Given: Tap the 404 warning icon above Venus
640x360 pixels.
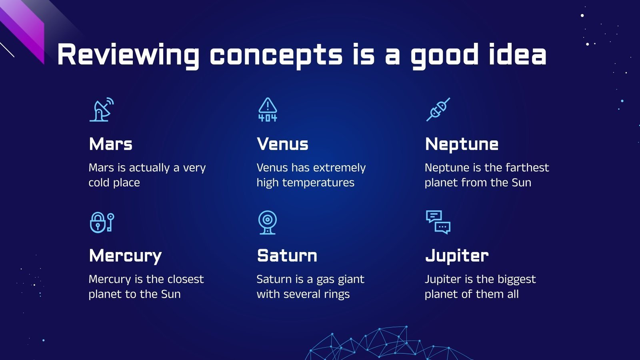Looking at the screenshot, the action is tap(268, 110).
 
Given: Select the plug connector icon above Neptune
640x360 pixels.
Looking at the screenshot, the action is tap(438, 110).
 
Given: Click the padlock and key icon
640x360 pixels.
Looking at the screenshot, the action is tap(102, 222).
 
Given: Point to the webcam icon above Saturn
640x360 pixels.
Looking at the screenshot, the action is tap(268, 222).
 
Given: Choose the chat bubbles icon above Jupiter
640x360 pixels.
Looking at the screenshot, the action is tap(438, 222).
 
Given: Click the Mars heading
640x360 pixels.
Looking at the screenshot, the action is tap(110, 144).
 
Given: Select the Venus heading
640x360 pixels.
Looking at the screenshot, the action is tap(282, 144).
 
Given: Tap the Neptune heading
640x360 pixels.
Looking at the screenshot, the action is tap(462, 144).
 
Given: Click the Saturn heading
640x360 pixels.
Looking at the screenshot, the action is tap(287, 256).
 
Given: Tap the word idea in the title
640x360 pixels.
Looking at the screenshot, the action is tap(518, 54).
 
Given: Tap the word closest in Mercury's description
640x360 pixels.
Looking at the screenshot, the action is tap(186, 279).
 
